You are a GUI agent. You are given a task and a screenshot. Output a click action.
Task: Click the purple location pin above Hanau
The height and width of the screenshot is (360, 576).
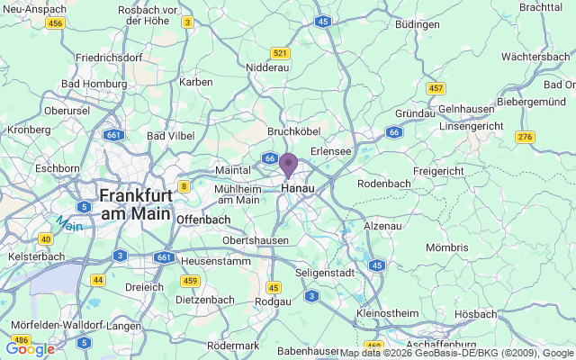coord(288,166)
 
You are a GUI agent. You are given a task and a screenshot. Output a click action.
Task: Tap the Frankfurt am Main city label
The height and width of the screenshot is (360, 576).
coord(135,204)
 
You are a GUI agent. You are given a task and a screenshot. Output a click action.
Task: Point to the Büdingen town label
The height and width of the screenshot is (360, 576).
coord(416,23)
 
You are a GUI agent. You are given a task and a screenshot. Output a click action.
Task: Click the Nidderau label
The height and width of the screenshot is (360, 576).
coord(267,67)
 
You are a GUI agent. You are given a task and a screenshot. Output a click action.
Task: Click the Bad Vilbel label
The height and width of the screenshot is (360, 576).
coord(170,136)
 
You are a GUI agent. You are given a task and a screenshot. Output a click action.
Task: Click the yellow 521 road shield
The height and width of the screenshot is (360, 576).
coord(281,53)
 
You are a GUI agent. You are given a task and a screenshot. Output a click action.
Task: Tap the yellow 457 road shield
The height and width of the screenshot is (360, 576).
coord(436,88)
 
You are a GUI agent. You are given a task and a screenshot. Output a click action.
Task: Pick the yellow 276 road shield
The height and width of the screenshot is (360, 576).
coord(525,137)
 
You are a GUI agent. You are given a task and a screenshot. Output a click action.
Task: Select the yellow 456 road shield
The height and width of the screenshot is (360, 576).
coord(55,22)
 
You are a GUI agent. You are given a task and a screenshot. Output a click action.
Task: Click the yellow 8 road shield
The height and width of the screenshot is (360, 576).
coord(184,186)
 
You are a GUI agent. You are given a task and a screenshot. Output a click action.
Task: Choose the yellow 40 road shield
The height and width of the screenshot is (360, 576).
coord(45,238)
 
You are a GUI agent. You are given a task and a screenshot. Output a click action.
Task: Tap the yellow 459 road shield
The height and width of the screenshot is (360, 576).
coord(189,281)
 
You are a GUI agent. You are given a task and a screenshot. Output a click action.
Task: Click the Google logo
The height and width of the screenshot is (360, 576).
coord(30,349)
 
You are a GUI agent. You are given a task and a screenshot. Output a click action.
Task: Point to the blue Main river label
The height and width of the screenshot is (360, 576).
coord(67,221)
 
